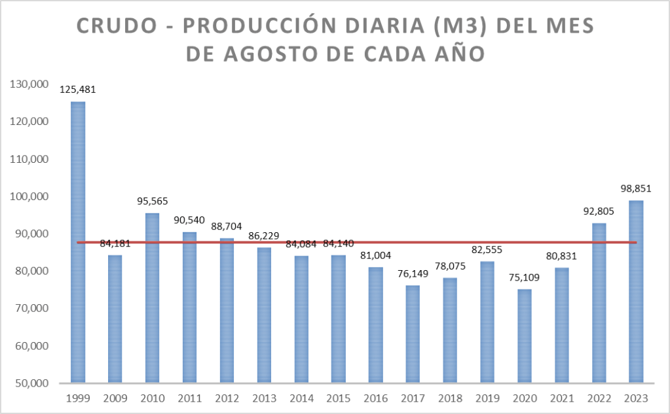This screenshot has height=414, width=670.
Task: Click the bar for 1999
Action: [x=78, y=242]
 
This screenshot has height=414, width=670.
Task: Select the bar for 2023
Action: [x=636, y=292]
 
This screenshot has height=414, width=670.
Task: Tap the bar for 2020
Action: [x=524, y=336]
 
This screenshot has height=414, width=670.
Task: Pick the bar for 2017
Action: [x=413, y=334]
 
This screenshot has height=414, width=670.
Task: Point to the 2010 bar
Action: [x=152, y=298]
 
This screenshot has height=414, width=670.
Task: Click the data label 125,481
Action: [x=78, y=90]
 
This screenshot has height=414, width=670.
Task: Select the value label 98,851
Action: [x=636, y=189]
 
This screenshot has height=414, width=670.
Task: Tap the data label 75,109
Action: [x=524, y=277]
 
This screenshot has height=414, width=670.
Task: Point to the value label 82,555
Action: [x=487, y=250]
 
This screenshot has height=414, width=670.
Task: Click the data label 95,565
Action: [x=152, y=201]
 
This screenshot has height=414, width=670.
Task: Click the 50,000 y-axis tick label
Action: [x=29, y=383]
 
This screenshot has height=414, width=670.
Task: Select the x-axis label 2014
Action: [x=301, y=398]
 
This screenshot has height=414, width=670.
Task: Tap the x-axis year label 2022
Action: [x=599, y=398]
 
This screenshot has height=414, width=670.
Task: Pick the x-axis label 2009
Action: [x=115, y=398]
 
